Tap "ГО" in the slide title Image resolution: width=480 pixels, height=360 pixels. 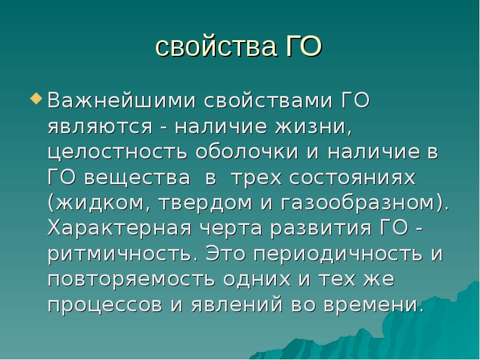coord(300,47)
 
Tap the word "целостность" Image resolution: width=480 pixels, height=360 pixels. coord(117,152)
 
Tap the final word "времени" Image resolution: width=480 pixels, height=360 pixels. coord(372,305)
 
